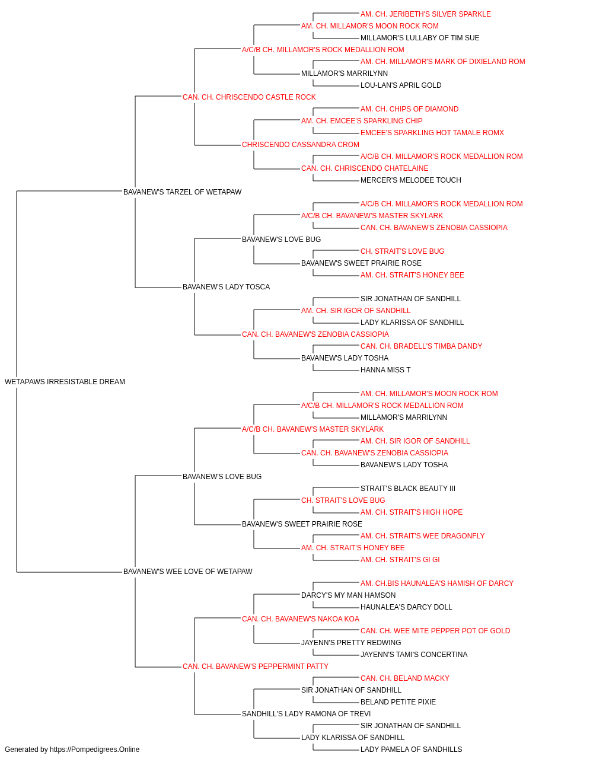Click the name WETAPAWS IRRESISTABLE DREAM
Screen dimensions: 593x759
pos(65,382)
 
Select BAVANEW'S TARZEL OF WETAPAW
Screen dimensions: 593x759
pos(182,192)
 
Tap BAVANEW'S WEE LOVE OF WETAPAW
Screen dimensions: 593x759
pos(187,572)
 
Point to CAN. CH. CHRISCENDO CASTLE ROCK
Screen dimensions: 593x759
pos(249,97)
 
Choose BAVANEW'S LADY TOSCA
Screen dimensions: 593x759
pos(227,287)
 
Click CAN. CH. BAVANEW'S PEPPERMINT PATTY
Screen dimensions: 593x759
pos(256,666)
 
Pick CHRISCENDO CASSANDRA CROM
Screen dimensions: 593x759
pos(300,145)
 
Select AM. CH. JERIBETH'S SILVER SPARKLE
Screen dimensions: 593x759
pos(425,14)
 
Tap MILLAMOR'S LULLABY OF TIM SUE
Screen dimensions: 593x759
pos(420,38)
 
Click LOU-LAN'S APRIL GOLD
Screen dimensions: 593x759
pos(401,85)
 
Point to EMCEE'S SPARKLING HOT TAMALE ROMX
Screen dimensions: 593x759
pos(432,133)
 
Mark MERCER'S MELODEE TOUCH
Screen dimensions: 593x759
pos(411,180)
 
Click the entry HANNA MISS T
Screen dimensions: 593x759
pos(385,370)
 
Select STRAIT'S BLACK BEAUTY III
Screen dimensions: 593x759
pos(408,488)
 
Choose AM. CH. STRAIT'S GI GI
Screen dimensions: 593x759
pos(400,560)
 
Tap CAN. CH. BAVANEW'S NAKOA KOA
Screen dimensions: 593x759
pos(301,619)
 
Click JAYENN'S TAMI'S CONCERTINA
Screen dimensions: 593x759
pos(414,655)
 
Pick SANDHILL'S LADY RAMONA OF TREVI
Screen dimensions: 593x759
pos(306,714)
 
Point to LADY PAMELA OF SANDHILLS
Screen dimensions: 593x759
pos(411,750)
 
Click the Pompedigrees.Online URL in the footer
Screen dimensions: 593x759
pos(94,750)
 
